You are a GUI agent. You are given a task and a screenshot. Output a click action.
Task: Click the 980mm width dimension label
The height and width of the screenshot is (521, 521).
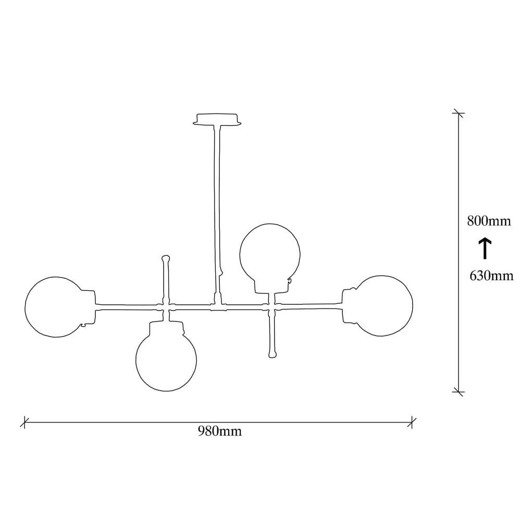219,431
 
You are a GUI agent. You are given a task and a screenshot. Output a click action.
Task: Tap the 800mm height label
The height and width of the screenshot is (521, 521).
488,221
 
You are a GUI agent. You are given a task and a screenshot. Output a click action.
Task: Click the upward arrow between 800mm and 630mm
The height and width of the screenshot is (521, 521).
485,248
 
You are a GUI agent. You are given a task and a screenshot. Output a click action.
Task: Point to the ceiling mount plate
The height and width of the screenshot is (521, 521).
218,120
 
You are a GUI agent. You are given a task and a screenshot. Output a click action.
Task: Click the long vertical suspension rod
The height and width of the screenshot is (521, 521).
217,208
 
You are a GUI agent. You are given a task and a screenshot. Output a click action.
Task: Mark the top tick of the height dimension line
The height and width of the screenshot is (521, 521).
458,114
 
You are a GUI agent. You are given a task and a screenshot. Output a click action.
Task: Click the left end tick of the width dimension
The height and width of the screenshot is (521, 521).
24,421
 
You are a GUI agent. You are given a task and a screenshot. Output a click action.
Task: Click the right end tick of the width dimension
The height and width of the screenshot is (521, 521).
412,421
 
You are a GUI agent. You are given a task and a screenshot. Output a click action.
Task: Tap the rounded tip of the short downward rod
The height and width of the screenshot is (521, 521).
271,355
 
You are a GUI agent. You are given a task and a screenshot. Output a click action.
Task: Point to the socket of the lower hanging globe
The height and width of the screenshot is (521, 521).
167,328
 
